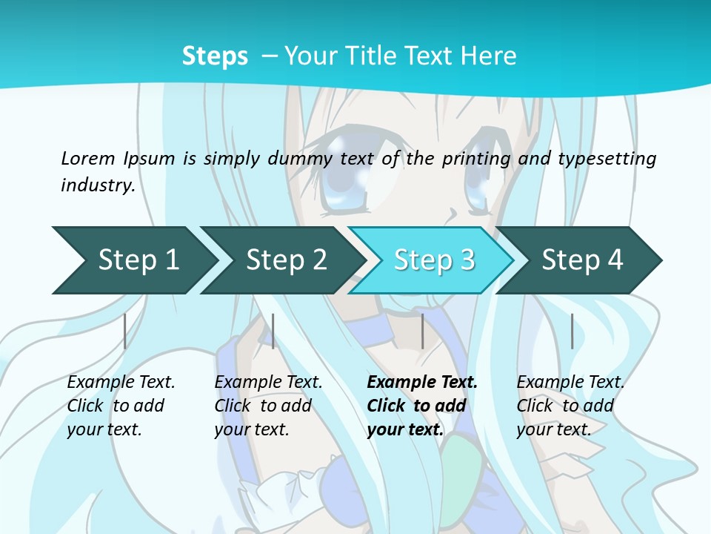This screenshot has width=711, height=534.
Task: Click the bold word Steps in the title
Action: click(x=215, y=56)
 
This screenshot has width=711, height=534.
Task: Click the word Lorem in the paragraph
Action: click(x=88, y=158)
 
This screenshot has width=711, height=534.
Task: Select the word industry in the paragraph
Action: click(x=97, y=185)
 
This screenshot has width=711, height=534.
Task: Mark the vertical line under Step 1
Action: click(x=125, y=331)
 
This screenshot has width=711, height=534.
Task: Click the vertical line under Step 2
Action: click(x=273, y=331)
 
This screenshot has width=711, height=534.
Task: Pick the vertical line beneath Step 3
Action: click(x=422, y=331)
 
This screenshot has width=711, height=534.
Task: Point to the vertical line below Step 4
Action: click(x=572, y=331)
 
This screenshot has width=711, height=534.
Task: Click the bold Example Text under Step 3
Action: click(x=422, y=382)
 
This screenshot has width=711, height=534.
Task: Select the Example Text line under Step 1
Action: click(x=121, y=382)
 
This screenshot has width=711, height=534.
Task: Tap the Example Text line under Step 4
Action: click(x=570, y=382)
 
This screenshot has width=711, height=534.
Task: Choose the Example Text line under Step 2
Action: click(x=268, y=382)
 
